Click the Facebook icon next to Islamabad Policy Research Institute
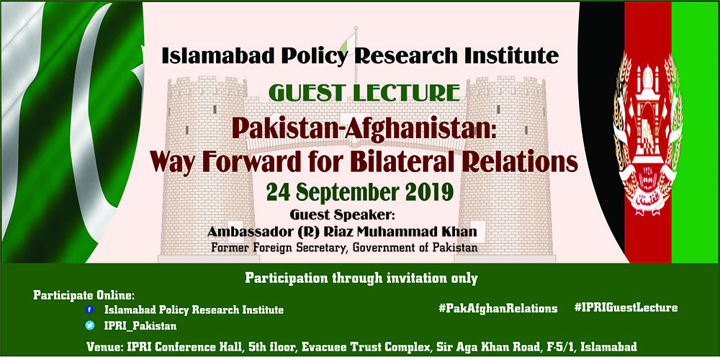pyautogui.click(x=90, y=310)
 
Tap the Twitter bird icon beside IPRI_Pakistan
pyautogui.click(x=90, y=325)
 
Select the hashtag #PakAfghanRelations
pyautogui.click(x=498, y=308)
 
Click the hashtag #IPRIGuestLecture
pyautogui.click(x=626, y=307)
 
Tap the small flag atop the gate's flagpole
pyautogui.click(x=347, y=44)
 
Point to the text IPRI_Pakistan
pyautogui.click(x=140, y=326)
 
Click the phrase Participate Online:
pyautogui.click(x=84, y=294)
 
